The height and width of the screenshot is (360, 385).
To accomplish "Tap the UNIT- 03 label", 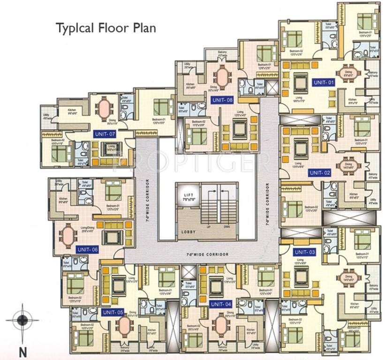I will click(x=305, y=252).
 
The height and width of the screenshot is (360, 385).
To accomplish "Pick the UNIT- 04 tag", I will click(x=221, y=304).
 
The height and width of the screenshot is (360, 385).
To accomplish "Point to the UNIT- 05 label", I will click(x=113, y=312).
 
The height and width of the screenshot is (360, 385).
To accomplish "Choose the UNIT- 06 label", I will click(x=87, y=249).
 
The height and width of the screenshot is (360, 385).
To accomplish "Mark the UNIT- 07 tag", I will click(x=105, y=134).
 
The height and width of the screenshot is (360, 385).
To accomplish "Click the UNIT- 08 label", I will click(x=222, y=100).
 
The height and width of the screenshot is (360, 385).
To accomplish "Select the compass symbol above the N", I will click(x=22, y=321).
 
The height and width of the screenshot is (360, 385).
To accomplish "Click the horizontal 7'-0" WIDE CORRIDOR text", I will click(x=206, y=254).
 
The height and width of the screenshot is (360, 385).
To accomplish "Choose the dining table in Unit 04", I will click(x=220, y=324).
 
